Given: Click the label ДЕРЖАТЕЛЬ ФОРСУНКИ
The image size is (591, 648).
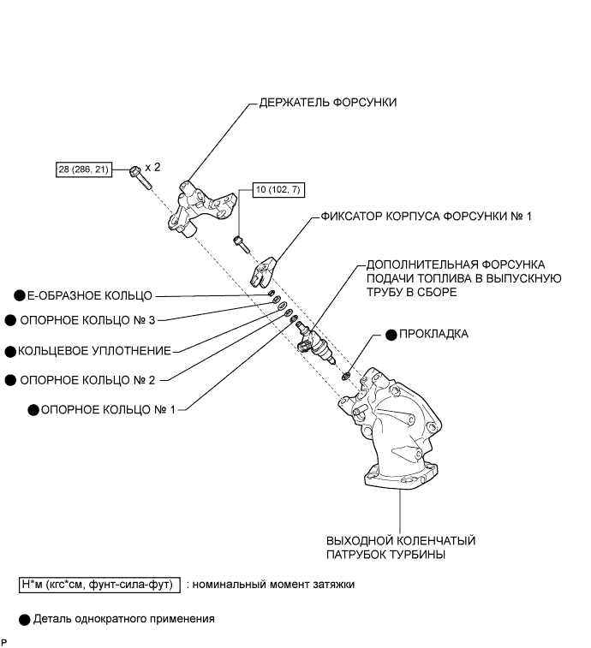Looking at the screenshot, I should [328, 103].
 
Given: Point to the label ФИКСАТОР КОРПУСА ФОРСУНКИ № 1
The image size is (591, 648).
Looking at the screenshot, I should [427, 217].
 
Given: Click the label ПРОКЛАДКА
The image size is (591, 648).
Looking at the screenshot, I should [433, 334].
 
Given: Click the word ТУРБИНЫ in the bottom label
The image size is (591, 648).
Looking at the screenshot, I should [419, 555].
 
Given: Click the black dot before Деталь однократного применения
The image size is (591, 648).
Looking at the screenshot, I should [24, 618].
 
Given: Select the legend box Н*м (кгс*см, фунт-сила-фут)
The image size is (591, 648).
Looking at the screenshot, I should [98, 586].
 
